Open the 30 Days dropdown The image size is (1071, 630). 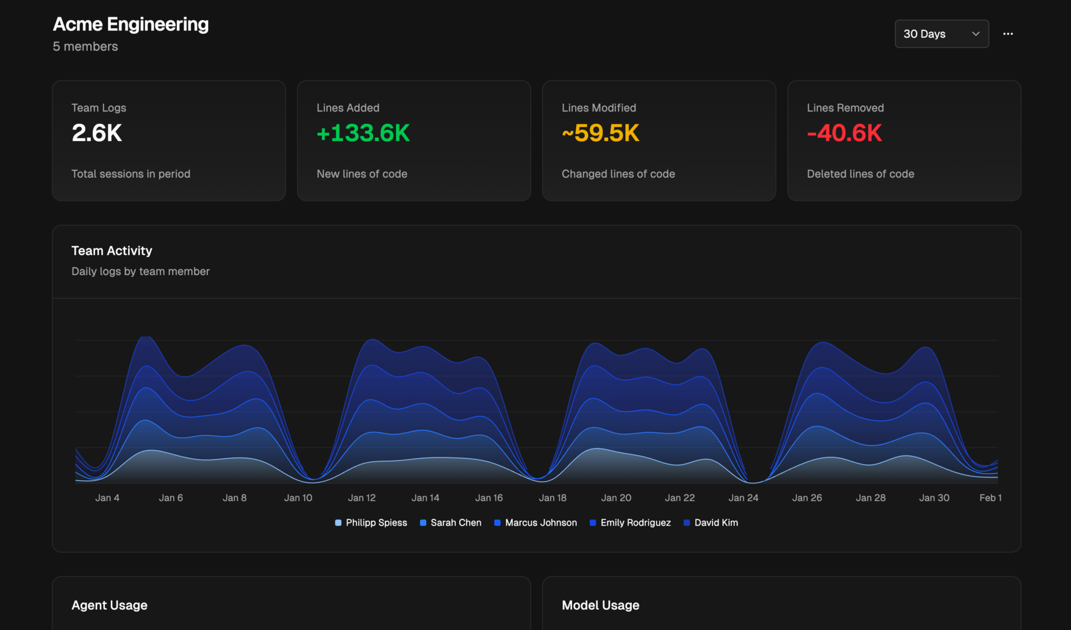[941, 34]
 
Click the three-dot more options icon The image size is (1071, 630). [1008, 34]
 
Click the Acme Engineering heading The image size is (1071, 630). [131, 24]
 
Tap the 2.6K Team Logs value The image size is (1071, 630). [97, 133]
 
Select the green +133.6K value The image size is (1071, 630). [363, 133]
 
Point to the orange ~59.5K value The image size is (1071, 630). [600, 133]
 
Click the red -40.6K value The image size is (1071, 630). [844, 133]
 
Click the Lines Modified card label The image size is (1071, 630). [598, 107]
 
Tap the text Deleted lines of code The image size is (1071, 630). [860, 174]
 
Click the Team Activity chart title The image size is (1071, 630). [112, 251]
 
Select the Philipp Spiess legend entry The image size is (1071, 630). [371, 523]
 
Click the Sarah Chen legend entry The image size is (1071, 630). [451, 523]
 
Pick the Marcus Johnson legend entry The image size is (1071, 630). [535, 523]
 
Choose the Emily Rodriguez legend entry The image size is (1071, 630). [630, 523]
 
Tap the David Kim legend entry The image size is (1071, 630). [711, 523]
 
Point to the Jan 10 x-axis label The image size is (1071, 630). [298, 498]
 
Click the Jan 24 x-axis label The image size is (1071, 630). [743, 498]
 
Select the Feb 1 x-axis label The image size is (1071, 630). [990, 498]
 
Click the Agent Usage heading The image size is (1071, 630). [109, 605]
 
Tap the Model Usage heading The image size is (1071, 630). [600, 605]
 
